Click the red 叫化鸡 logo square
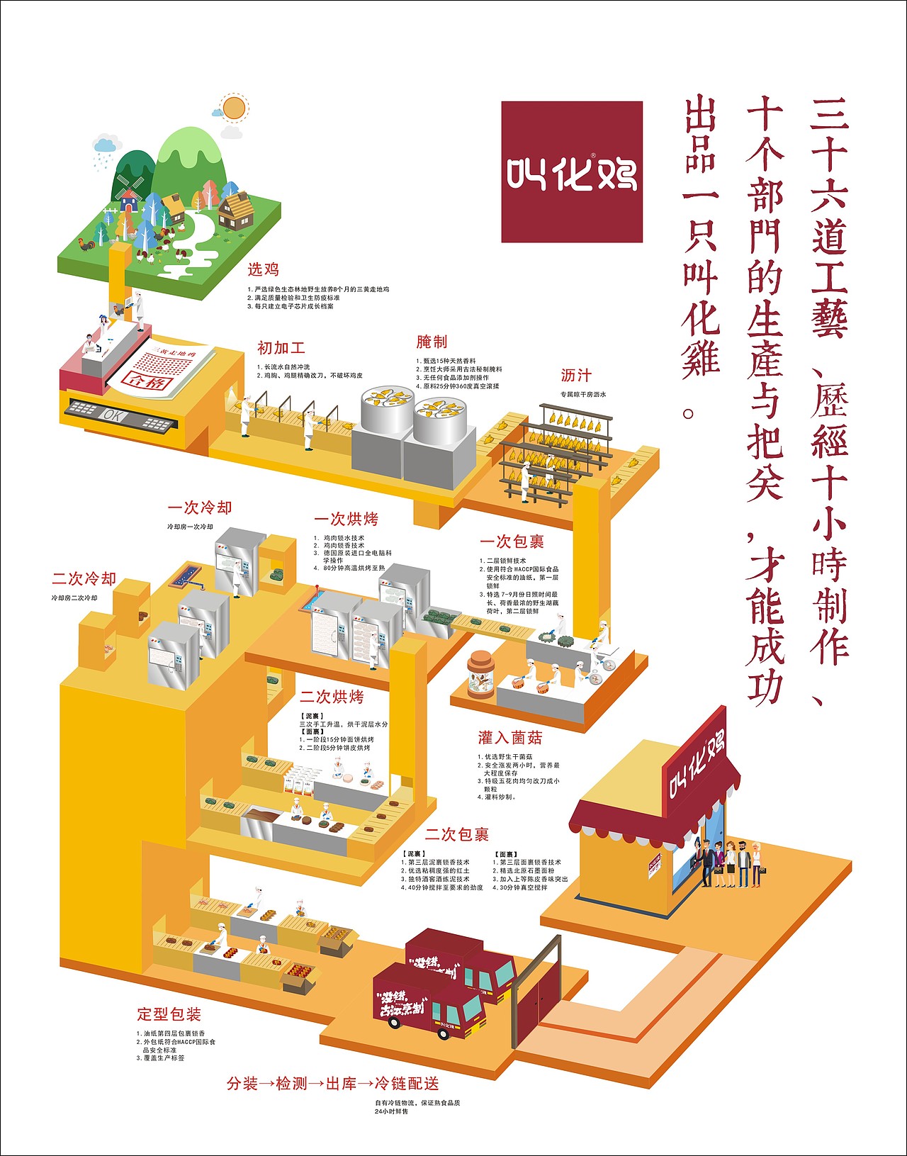click(572, 172)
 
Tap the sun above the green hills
click(233, 108)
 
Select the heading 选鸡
click(263, 269)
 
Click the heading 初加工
click(281, 348)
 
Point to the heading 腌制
click(432, 342)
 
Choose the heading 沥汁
click(575, 376)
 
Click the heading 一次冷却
click(200, 508)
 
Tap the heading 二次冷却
click(84, 579)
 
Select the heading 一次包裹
click(512, 542)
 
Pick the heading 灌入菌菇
click(510, 738)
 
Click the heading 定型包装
click(169, 1014)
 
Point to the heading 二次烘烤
click(332, 697)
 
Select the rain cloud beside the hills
click(106, 147)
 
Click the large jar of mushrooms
click(480, 675)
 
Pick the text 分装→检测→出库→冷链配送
click(333, 1084)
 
